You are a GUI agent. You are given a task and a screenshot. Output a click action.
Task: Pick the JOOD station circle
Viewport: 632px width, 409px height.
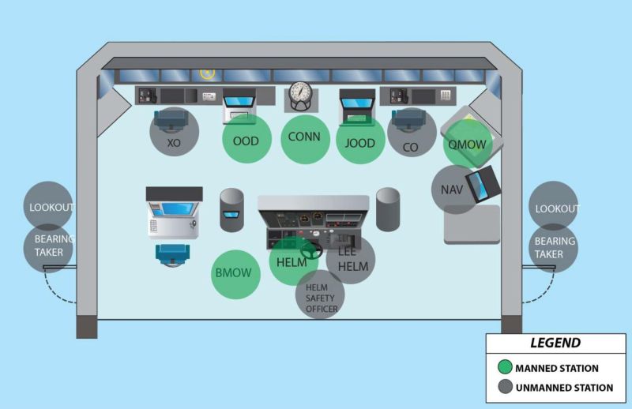click(x=360, y=141)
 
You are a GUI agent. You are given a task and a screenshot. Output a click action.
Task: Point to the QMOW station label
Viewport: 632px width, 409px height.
click(x=466, y=144)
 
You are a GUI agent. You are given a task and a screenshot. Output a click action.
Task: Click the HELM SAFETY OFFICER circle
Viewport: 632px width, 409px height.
click(x=320, y=295)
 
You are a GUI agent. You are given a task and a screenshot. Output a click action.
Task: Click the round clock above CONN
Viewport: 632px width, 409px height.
click(x=302, y=95)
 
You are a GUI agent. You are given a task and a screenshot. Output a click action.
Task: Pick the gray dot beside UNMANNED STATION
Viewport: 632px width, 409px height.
click(x=502, y=388)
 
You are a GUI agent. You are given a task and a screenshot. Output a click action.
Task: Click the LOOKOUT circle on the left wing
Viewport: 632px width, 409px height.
click(x=49, y=206)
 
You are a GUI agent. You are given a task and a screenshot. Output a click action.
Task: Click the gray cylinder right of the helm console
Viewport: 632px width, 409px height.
click(x=388, y=209)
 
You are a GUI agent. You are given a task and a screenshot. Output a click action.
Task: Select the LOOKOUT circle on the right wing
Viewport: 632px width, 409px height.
click(x=554, y=207)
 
